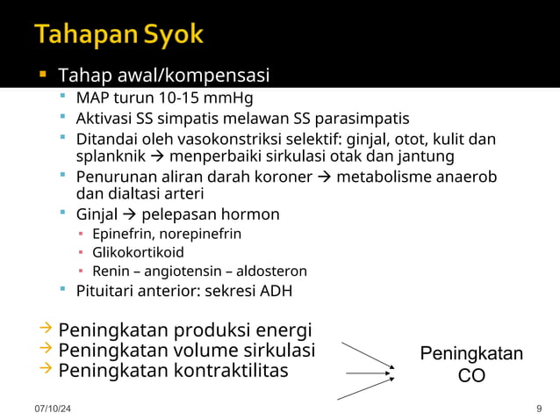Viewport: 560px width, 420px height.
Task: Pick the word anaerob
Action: pos(463,177)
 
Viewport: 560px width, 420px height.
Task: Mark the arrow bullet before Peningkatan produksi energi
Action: pos(46,329)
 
